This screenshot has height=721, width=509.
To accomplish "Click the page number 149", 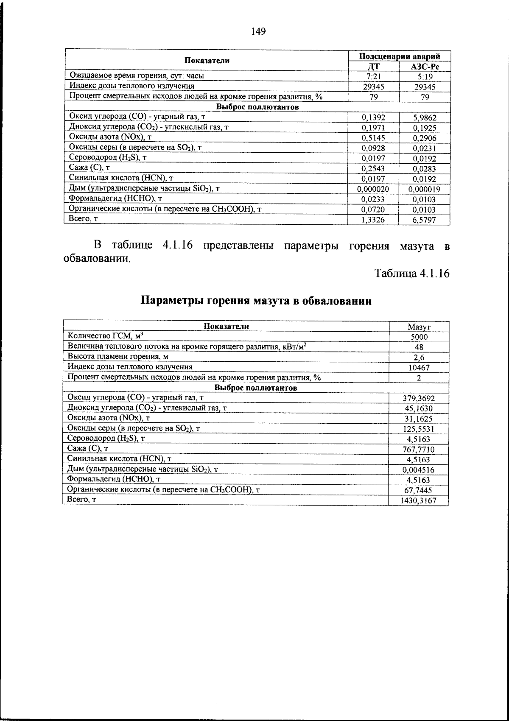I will point(258,31).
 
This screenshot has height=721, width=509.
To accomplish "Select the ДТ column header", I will point(374,66).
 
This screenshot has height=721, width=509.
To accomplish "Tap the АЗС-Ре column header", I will point(425,66).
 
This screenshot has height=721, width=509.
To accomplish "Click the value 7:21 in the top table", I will point(374,77).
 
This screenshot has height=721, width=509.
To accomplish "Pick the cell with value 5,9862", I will point(425,118).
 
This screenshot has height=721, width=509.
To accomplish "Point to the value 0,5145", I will point(373,138).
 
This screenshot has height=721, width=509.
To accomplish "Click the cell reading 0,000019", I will point(425,189).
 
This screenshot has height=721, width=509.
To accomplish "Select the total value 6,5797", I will point(425,220).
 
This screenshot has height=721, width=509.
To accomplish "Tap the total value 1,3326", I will point(373,220).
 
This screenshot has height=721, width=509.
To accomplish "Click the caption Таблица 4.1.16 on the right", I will point(411,274).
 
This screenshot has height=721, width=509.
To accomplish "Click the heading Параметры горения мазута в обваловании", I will point(256,301).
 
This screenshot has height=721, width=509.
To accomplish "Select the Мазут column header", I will point(419,327).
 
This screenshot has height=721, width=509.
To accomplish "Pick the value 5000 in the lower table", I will point(419,337).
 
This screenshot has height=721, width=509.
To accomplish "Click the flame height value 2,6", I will point(419,358).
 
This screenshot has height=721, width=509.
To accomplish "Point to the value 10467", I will point(419,368).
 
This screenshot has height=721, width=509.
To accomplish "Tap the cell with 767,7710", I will point(419,450).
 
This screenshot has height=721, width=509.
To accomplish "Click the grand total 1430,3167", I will point(419,501).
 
